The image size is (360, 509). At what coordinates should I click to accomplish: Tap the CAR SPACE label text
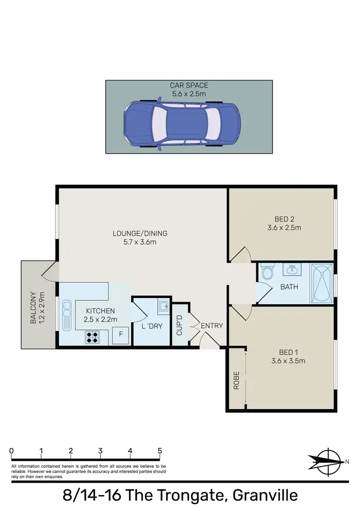tap(189, 86)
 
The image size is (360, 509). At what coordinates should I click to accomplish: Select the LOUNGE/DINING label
tap(140, 234)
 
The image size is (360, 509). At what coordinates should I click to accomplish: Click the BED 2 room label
tap(285, 219)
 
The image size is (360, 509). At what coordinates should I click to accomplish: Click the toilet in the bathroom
tap(268, 272)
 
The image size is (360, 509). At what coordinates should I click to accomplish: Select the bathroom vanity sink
tap(291, 271)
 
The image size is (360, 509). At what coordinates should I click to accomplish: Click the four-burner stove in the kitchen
tap(93, 337)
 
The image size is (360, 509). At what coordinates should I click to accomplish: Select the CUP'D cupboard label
tap(180, 326)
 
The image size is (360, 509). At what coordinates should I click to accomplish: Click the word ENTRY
tap(212, 326)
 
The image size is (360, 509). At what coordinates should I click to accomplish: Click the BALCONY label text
tap(33, 308)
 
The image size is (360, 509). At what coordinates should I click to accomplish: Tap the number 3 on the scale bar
tap(100, 451)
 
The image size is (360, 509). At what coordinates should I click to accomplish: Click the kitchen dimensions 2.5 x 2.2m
tap(101, 319)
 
